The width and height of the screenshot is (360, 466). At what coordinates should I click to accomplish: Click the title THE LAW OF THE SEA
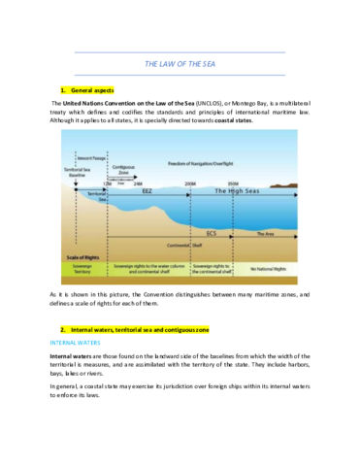[x=180, y=63]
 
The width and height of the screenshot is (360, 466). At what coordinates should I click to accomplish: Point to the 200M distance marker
[x=189, y=182]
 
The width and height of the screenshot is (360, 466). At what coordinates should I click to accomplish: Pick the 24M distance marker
[x=138, y=182]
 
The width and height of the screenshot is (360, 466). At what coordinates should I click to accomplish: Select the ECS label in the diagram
[x=212, y=234]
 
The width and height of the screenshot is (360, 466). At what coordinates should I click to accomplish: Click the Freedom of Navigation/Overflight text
[x=208, y=162]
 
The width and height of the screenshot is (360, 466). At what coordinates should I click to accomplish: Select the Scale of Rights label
[x=83, y=256]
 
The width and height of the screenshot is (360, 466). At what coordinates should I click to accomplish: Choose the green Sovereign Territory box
[x=83, y=267]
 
